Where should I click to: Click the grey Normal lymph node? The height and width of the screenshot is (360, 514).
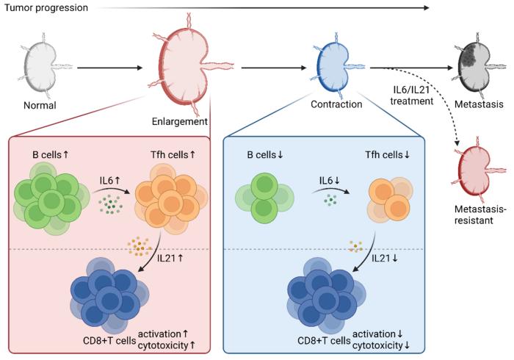coord(40,70)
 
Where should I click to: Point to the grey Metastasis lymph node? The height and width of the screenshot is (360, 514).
coord(470,69)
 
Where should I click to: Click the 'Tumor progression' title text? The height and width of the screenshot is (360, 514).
coord(44,8)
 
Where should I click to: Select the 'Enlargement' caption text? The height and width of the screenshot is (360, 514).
coord(180,120)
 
